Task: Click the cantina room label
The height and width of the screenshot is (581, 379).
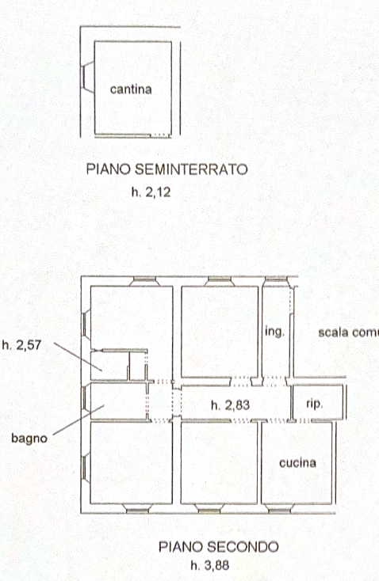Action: (x=131, y=89)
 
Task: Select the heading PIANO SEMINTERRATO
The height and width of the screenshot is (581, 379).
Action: (x=167, y=169)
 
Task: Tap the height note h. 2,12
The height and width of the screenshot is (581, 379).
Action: (x=151, y=192)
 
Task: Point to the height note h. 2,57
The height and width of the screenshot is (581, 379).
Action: (x=21, y=345)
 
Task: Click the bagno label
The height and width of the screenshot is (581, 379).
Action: (x=29, y=439)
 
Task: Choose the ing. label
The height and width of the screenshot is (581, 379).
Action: (x=274, y=331)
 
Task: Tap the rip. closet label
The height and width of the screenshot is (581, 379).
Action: (x=314, y=404)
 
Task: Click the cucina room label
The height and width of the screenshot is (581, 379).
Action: (x=297, y=463)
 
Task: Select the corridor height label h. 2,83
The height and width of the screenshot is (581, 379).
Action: (x=230, y=405)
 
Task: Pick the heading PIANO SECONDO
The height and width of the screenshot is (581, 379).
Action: (x=219, y=547)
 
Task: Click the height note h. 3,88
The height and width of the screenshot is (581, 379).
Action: (x=210, y=565)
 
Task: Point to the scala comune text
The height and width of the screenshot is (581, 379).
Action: (x=348, y=332)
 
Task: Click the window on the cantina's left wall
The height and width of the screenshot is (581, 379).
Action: (x=87, y=77)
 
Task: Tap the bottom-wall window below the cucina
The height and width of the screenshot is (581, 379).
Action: (x=279, y=509)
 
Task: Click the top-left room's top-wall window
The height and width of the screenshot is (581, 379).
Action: (x=145, y=281)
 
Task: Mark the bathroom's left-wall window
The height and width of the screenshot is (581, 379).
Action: (x=86, y=398)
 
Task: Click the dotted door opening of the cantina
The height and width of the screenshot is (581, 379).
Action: (x=159, y=135)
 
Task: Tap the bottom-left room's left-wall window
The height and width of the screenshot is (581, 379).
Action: (x=86, y=469)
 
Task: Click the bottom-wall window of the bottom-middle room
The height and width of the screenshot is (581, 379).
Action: (x=209, y=509)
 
